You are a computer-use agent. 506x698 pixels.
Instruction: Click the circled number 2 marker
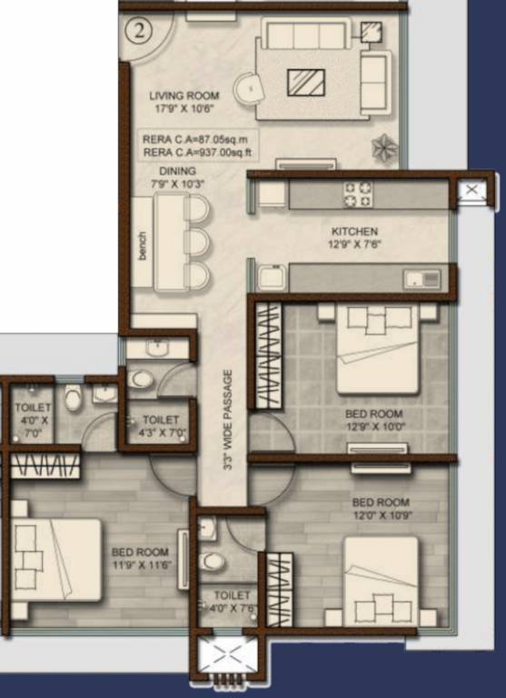[138, 32]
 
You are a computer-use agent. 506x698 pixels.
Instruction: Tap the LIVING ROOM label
[184, 95]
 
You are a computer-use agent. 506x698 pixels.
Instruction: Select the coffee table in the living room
[306, 83]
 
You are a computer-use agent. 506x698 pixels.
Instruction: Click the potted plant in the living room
[385, 148]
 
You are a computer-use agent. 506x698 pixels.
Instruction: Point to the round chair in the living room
[248, 89]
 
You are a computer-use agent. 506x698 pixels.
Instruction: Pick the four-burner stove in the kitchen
[357, 194]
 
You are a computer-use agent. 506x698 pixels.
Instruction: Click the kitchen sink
[422, 280]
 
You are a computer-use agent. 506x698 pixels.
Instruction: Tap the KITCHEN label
[354, 232]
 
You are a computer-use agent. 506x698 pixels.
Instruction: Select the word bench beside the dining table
[142, 245]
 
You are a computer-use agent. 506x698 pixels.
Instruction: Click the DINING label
[177, 171]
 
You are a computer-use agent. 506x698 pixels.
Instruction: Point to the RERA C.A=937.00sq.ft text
[198, 153]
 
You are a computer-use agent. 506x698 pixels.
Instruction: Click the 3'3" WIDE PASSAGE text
[228, 420]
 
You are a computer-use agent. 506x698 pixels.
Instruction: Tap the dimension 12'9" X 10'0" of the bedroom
[375, 427]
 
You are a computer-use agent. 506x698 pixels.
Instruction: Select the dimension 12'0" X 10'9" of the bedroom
[382, 515]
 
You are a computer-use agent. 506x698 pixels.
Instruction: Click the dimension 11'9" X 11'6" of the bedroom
[142, 565]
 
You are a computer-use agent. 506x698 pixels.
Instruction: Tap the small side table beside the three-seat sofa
[371, 32]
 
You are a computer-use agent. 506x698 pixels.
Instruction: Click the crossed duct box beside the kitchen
[471, 190]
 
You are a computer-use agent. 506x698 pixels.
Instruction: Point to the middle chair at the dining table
[197, 242]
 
